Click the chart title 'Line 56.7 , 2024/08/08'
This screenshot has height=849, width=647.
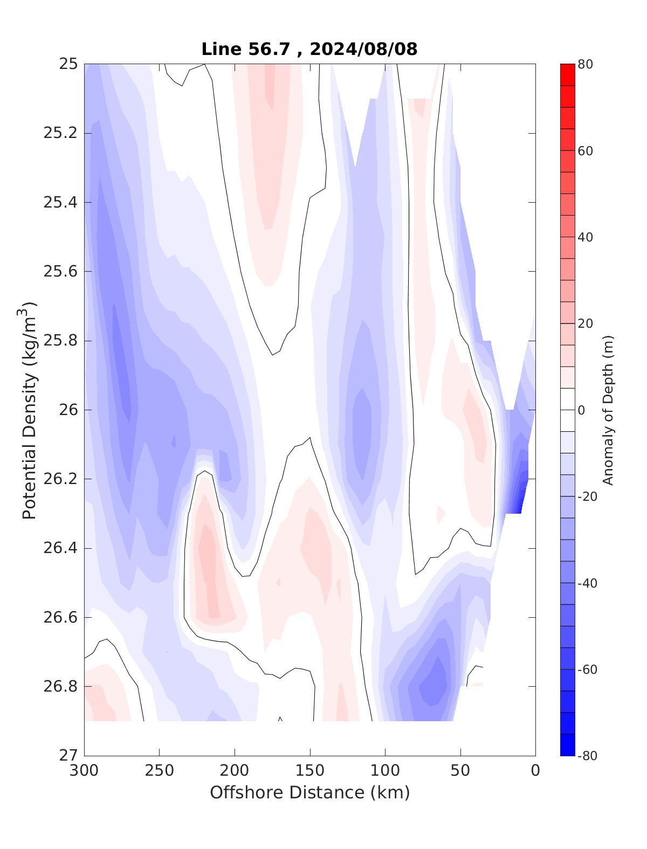click(x=309, y=49)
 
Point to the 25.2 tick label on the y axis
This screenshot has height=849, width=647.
click(x=60, y=133)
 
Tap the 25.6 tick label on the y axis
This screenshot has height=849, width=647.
click(x=60, y=272)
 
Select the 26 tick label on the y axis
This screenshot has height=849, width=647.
click(x=67, y=410)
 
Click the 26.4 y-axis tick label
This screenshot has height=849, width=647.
click(x=60, y=548)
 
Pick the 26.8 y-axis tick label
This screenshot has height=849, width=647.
click(x=60, y=687)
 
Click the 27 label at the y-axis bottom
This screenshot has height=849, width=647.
click(x=67, y=756)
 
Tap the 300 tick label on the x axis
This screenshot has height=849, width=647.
click(x=84, y=771)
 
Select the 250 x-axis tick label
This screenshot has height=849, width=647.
click(x=160, y=771)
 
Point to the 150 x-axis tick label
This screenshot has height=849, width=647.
click(x=310, y=771)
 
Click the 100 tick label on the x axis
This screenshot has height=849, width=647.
click(x=385, y=771)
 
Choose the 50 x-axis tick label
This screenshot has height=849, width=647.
click(x=460, y=771)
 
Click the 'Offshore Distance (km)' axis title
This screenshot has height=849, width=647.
click(x=309, y=792)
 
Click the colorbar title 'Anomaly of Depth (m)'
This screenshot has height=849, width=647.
click(x=608, y=410)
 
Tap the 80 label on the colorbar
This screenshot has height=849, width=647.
click(x=585, y=65)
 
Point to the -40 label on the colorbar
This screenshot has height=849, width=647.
click(x=588, y=583)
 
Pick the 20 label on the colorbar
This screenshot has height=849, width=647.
click(x=585, y=324)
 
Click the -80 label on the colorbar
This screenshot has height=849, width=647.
click(x=588, y=756)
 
